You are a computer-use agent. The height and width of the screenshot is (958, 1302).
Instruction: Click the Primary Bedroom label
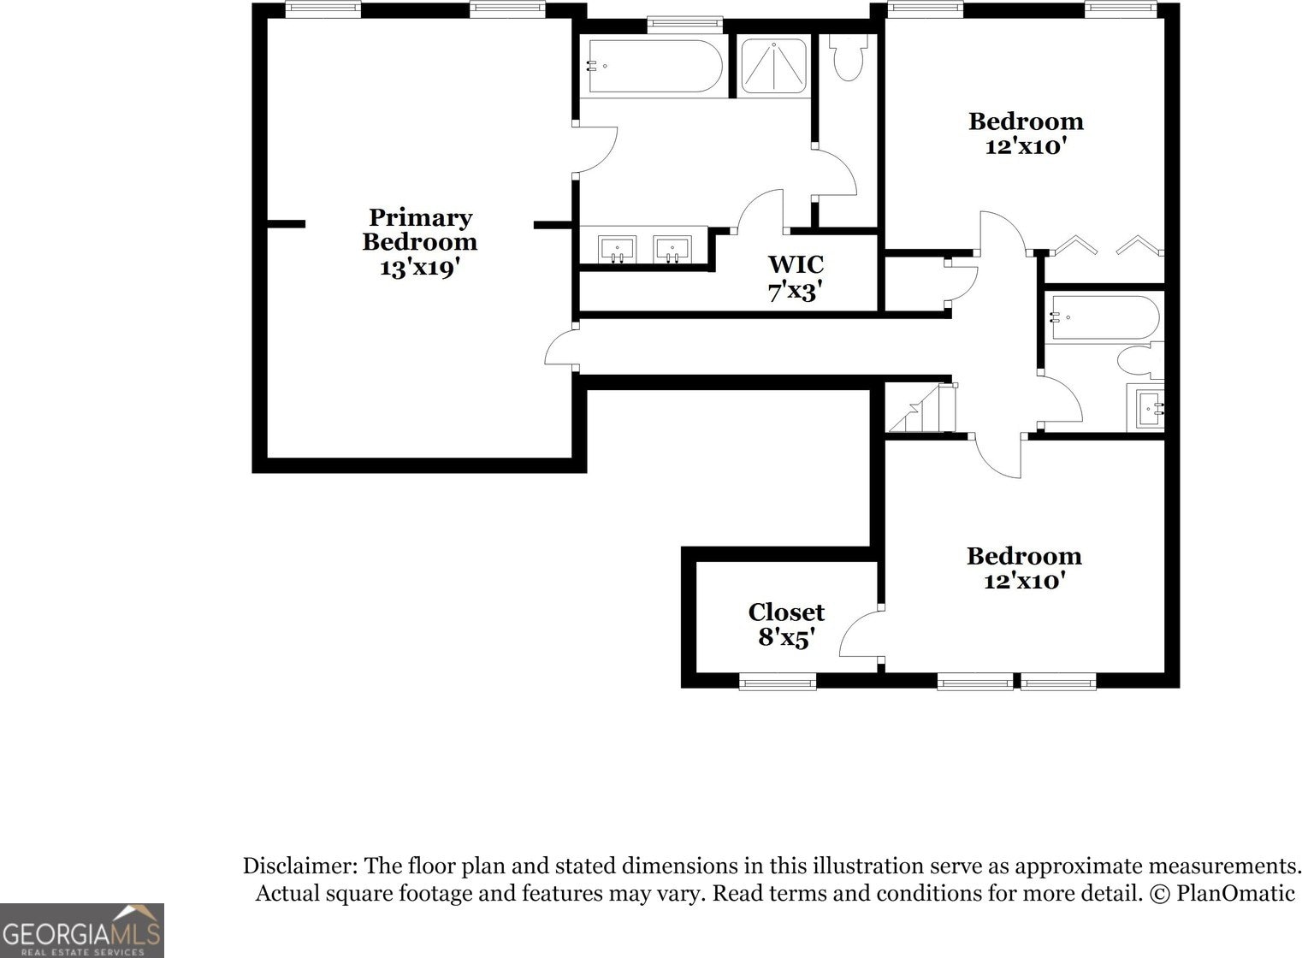(x=419, y=229)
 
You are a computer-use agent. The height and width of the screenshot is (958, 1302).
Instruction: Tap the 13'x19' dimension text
(x=419, y=268)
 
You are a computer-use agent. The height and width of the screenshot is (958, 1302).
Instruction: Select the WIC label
(x=796, y=263)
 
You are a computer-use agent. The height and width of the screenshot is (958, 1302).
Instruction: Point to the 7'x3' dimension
(x=796, y=292)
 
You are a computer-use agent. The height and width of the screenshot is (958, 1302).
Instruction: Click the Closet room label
(x=786, y=612)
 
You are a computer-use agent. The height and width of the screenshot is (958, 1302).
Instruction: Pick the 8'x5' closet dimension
(x=786, y=637)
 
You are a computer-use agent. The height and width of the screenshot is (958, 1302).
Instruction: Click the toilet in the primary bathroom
(x=849, y=58)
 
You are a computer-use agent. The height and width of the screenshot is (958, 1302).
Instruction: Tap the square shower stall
(x=772, y=65)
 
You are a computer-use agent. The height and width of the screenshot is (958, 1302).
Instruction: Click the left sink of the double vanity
(x=616, y=249)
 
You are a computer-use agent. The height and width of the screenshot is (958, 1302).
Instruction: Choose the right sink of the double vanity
(x=672, y=249)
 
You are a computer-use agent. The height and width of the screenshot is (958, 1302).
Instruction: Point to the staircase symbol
(x=920, y=409)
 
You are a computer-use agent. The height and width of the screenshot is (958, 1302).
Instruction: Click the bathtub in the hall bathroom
(x=1104, y=318)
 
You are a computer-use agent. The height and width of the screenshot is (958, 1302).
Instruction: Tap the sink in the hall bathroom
(x=1147, y=408)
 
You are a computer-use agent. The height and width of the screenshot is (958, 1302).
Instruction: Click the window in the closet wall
(x=778, y=682)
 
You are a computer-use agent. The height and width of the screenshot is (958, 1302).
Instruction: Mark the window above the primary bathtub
(x=684, y=24)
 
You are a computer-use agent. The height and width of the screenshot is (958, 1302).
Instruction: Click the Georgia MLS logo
(x=82, y=931)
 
